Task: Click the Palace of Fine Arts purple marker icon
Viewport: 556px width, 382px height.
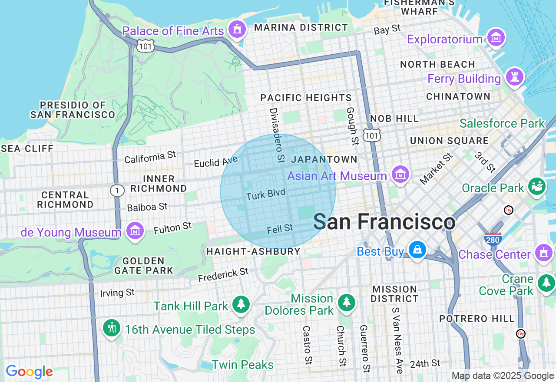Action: click(237, 30)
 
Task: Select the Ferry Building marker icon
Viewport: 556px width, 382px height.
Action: click(515, 77)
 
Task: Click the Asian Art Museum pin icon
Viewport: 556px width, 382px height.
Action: click(400, 175)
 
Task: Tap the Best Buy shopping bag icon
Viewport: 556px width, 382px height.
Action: click(417, 250)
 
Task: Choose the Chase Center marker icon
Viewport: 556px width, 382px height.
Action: click(543, 252)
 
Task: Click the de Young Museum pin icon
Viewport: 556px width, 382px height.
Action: click(135, 231)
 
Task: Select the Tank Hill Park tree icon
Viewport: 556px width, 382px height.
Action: click(240, 304)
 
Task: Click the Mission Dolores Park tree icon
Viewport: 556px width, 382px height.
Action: click(346, 303)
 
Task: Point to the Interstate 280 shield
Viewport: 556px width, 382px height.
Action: click(493, 238)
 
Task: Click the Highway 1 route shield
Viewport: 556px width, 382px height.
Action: click(117, 190)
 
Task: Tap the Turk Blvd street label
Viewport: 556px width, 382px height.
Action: click(266, 194)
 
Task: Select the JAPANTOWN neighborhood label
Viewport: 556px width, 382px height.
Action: click(324, 159)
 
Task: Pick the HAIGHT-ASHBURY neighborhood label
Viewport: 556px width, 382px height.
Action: click(253, 251)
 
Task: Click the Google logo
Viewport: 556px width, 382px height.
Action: click(29, 372)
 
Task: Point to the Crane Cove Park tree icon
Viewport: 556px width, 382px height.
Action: click(546, 283)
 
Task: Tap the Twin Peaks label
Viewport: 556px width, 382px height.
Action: click(243, 365)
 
